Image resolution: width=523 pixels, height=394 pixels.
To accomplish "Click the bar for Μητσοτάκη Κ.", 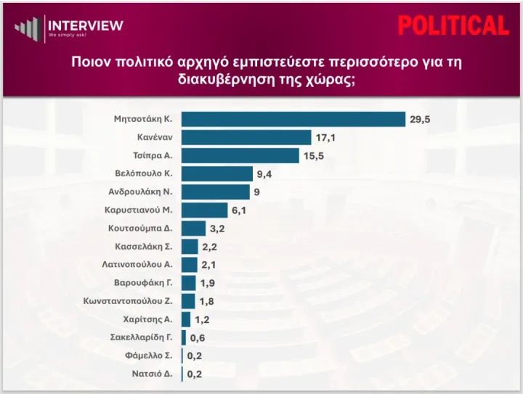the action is coord(293,119).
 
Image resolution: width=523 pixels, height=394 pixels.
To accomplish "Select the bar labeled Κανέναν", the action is coord(246,137).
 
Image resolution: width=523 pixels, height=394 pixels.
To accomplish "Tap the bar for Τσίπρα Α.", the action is coord(240,155).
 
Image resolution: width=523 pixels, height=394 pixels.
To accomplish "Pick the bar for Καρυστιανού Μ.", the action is coord(204,210).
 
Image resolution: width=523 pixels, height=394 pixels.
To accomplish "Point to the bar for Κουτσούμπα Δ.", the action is coord(193,229).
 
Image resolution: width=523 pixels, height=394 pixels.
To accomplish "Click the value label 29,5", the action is coord(420,119).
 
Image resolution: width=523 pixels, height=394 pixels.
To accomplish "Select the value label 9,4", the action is coord(264,174).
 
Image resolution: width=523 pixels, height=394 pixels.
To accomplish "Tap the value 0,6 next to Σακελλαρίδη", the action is coord(198,337).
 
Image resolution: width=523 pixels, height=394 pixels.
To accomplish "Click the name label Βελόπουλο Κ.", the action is coord(143,173).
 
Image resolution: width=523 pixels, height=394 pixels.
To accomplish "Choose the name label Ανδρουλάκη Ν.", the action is coord(140,192).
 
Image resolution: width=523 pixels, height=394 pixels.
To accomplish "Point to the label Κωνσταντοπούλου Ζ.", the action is coord(128,301).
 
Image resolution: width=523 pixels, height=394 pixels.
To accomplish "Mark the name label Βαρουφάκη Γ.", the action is coord(143,283).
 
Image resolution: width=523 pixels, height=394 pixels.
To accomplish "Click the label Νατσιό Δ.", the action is coord(152,374).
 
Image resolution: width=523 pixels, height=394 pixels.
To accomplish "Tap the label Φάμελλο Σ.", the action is coord(149,356).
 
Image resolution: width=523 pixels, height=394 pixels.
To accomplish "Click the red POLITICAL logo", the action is coord(453,25).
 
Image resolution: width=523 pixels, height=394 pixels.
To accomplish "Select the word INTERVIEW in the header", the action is coord(86,25).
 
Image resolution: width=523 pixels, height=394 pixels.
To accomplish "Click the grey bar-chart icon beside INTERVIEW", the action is coord(28,29).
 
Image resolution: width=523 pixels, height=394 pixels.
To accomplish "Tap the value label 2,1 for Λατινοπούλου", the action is coord(208,265).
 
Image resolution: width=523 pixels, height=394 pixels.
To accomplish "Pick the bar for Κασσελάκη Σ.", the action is coord(190,247).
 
